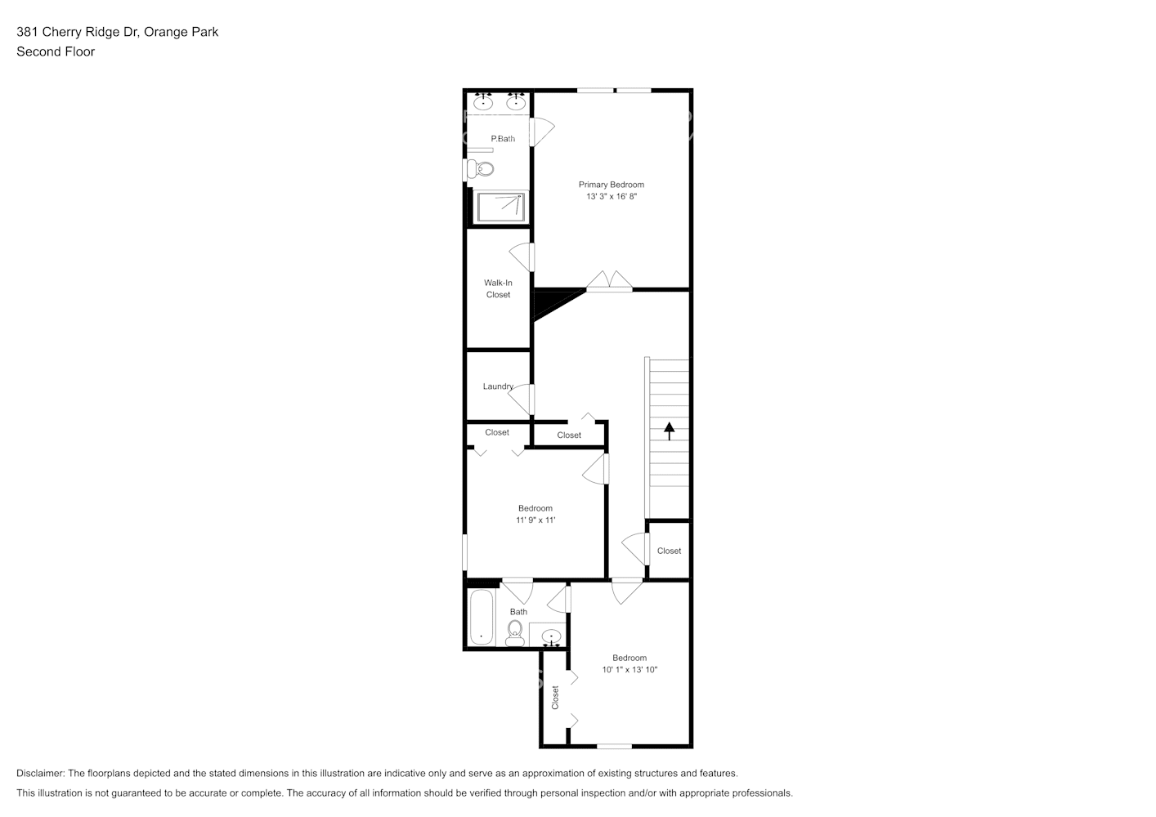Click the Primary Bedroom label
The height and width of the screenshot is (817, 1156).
coord(611,185)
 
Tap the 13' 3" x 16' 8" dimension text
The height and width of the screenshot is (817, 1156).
coord(611,196)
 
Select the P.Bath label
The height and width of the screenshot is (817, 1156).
coord(503,139)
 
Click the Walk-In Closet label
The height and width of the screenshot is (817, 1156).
coord(498,289)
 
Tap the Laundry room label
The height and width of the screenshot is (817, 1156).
coord(498,386)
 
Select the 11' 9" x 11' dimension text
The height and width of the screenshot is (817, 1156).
coord(535,520)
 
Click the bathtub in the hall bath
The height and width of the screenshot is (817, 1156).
coord(482,618)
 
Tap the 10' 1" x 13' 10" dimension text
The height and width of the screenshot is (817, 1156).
coord(630,670)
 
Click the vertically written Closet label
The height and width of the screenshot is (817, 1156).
coord(555,697)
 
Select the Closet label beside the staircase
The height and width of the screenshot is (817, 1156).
coord(669,551)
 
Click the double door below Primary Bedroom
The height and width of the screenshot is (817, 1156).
coord(609,281)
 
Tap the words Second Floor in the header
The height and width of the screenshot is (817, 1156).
coord(56,51)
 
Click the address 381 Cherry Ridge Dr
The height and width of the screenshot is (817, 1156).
coord(77,32)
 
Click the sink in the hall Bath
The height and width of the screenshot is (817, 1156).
coord(551,636)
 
